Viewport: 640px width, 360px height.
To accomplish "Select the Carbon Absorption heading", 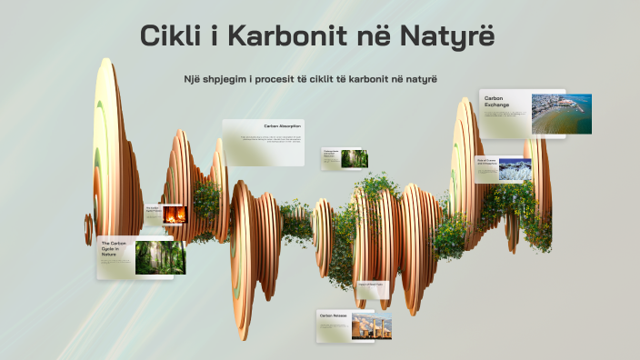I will (x=283, y=126).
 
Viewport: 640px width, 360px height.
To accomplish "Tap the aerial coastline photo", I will (x=561, y=114).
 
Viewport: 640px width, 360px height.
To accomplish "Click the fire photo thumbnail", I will (x=174, y=214).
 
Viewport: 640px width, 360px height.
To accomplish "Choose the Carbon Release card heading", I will (x=334, y=315).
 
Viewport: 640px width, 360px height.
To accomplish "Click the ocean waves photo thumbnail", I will (x=515, y=170).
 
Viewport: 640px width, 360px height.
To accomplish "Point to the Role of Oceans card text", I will (x=486, y=164).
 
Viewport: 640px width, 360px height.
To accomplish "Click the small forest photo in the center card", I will (x=354, y=158).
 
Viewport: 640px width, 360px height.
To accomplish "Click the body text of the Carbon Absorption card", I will (x=270, y=140).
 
